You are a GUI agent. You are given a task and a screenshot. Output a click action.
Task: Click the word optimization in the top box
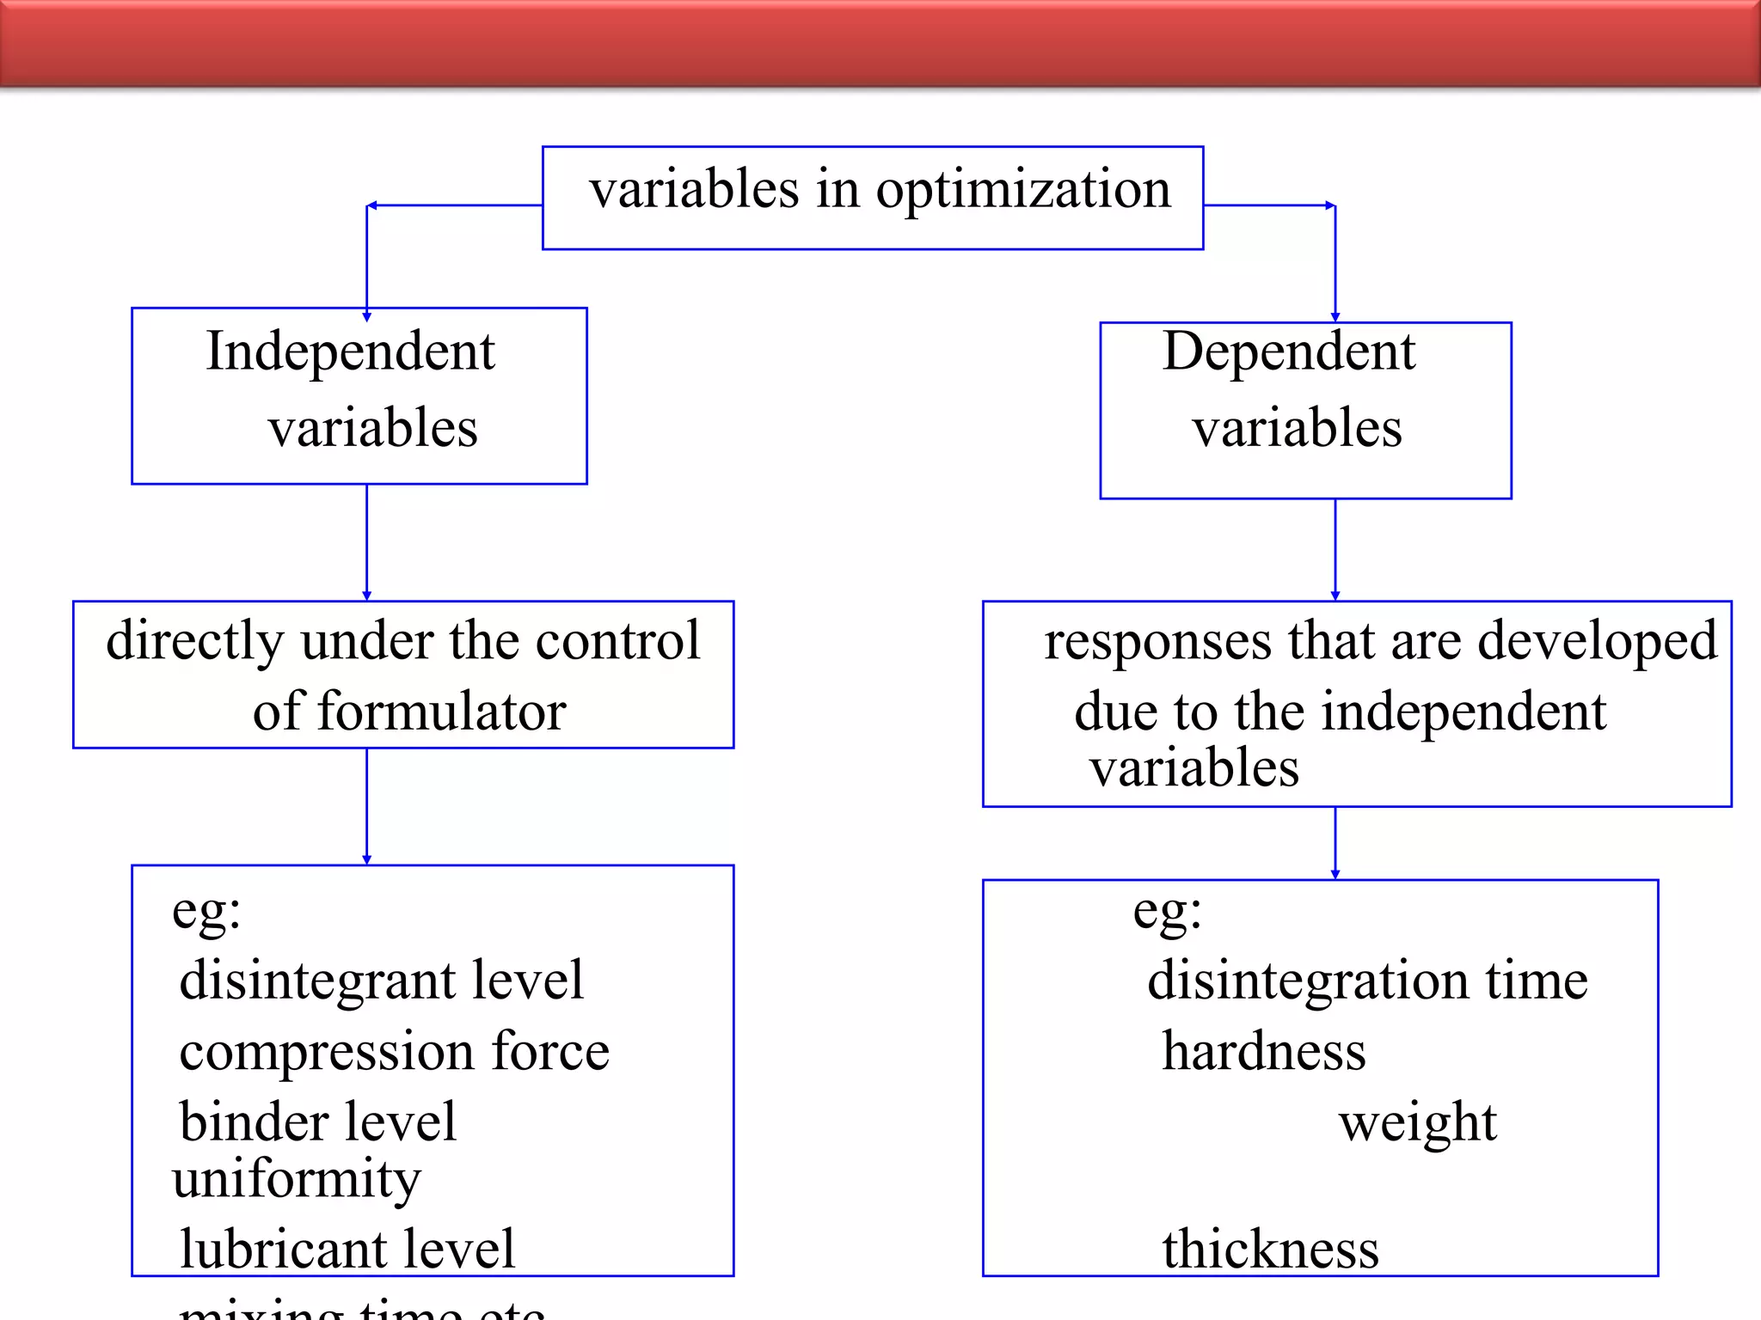point(1023,191)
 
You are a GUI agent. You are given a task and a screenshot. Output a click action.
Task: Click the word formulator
point(441,712)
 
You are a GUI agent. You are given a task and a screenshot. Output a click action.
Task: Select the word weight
point(1417,1122)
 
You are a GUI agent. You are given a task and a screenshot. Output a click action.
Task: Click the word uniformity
point(297,1178)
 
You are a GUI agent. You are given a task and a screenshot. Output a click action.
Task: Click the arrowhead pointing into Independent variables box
point(367,316)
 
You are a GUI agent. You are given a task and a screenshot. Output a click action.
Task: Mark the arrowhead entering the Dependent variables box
point(1335,316)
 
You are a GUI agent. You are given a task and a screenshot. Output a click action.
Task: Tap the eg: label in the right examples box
point(1166,912)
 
